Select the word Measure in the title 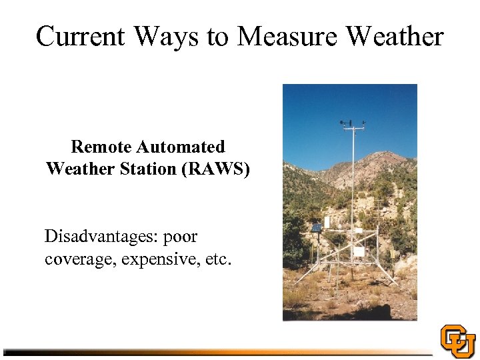coord(288,36)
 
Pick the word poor coord(180,237)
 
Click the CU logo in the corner coord(458,341)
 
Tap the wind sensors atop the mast coord(353,123)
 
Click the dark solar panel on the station coord(316,228)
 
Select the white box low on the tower coord(359,252)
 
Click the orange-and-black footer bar coord(220,351)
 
